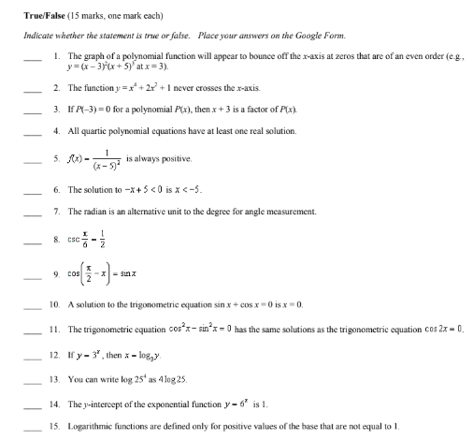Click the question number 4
[x=56, y=129]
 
